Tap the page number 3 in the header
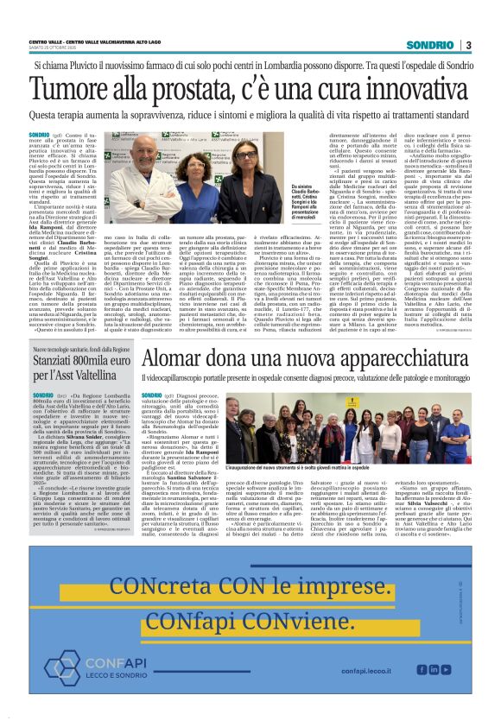(468, 44)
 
